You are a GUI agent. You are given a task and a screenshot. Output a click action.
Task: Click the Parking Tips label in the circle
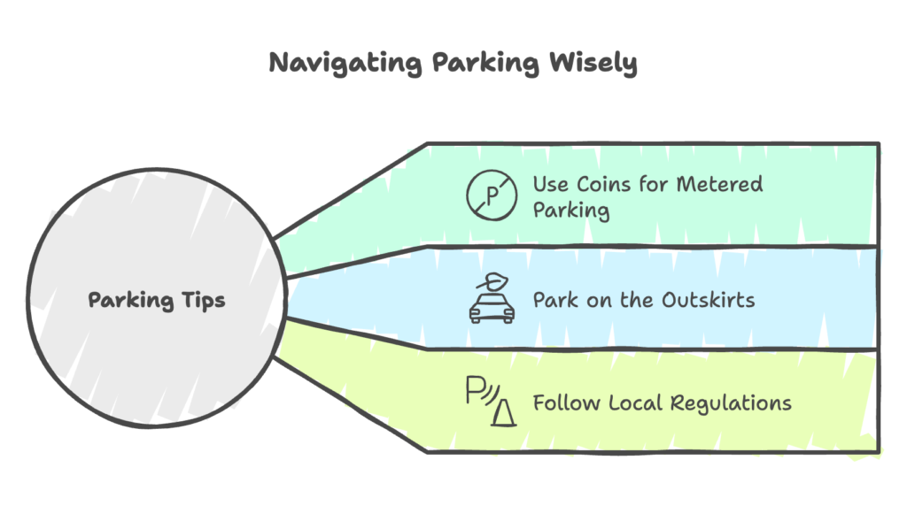157,300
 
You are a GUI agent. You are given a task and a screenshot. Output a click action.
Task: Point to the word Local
636,402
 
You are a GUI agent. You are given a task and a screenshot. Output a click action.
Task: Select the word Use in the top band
550,185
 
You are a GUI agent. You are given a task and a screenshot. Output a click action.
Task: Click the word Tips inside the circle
204,300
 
